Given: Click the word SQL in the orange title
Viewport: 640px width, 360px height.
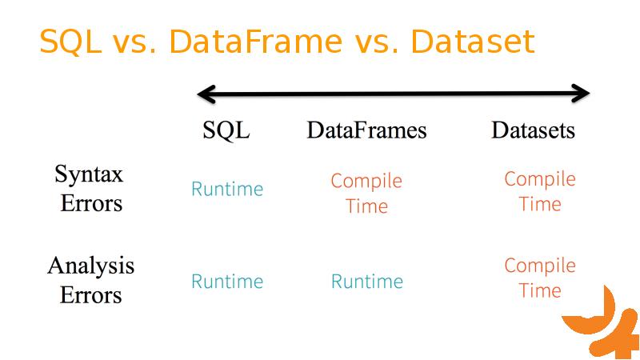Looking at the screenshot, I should tap(70, 42).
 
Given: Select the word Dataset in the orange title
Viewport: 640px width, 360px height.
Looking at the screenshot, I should tap(473, 42).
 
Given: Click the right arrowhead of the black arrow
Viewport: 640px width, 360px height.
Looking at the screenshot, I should tap(582, 94).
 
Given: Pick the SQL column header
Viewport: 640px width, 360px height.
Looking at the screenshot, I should tap(226, 130).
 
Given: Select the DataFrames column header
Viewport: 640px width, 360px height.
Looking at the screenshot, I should tap(366, 130).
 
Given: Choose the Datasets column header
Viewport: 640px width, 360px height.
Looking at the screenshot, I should tap(533, 130).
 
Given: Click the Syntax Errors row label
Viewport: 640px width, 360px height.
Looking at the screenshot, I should tap(90, 188).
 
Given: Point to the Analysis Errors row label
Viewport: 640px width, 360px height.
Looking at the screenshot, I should tap(90, 280).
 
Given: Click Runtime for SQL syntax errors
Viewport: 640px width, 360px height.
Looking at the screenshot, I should tap(227, 189).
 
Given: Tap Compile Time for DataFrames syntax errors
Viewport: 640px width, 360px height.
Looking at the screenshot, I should tap(366, 193).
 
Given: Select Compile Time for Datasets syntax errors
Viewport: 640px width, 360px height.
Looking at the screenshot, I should tap(540, 191).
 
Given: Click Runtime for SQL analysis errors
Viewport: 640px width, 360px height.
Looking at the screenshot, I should tap(227, 282).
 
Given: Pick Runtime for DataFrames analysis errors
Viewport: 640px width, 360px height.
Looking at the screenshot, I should tap(367, 282).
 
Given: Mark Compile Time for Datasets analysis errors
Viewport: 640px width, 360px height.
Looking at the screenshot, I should tap(540, 278).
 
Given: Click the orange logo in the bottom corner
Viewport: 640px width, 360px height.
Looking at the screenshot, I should tap(602, 324).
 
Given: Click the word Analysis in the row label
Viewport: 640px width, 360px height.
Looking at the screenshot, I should tap(90, 266).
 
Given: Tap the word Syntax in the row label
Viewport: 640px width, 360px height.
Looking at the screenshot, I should tap(89, 174).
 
